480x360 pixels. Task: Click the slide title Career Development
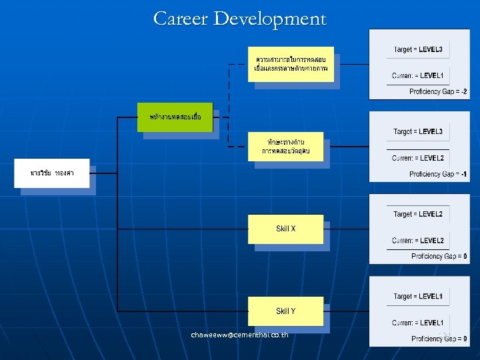[240, 19]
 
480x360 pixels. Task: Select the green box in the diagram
[176, 117]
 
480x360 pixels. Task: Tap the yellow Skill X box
[285, 229]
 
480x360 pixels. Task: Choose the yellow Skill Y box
[285, 311]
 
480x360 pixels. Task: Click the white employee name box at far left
[51, 173]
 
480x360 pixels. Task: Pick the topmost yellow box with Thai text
[290, 64]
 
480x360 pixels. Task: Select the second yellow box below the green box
[285, 147]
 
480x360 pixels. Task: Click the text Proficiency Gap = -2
[438, 91]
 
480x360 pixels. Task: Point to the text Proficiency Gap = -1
[438, 174]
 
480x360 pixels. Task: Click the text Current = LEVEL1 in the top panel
[418, 75]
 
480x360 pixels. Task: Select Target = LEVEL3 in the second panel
[418, 131]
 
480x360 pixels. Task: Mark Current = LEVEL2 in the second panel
[418, 158]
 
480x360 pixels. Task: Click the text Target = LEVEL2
[418, 214]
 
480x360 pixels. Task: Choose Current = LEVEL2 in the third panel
[418, 240]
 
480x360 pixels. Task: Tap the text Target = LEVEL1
[418, 296]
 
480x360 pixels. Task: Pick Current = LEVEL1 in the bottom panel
[418, 323]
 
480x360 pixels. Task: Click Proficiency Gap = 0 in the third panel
[439, 256]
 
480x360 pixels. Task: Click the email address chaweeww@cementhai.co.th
[239, 334]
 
